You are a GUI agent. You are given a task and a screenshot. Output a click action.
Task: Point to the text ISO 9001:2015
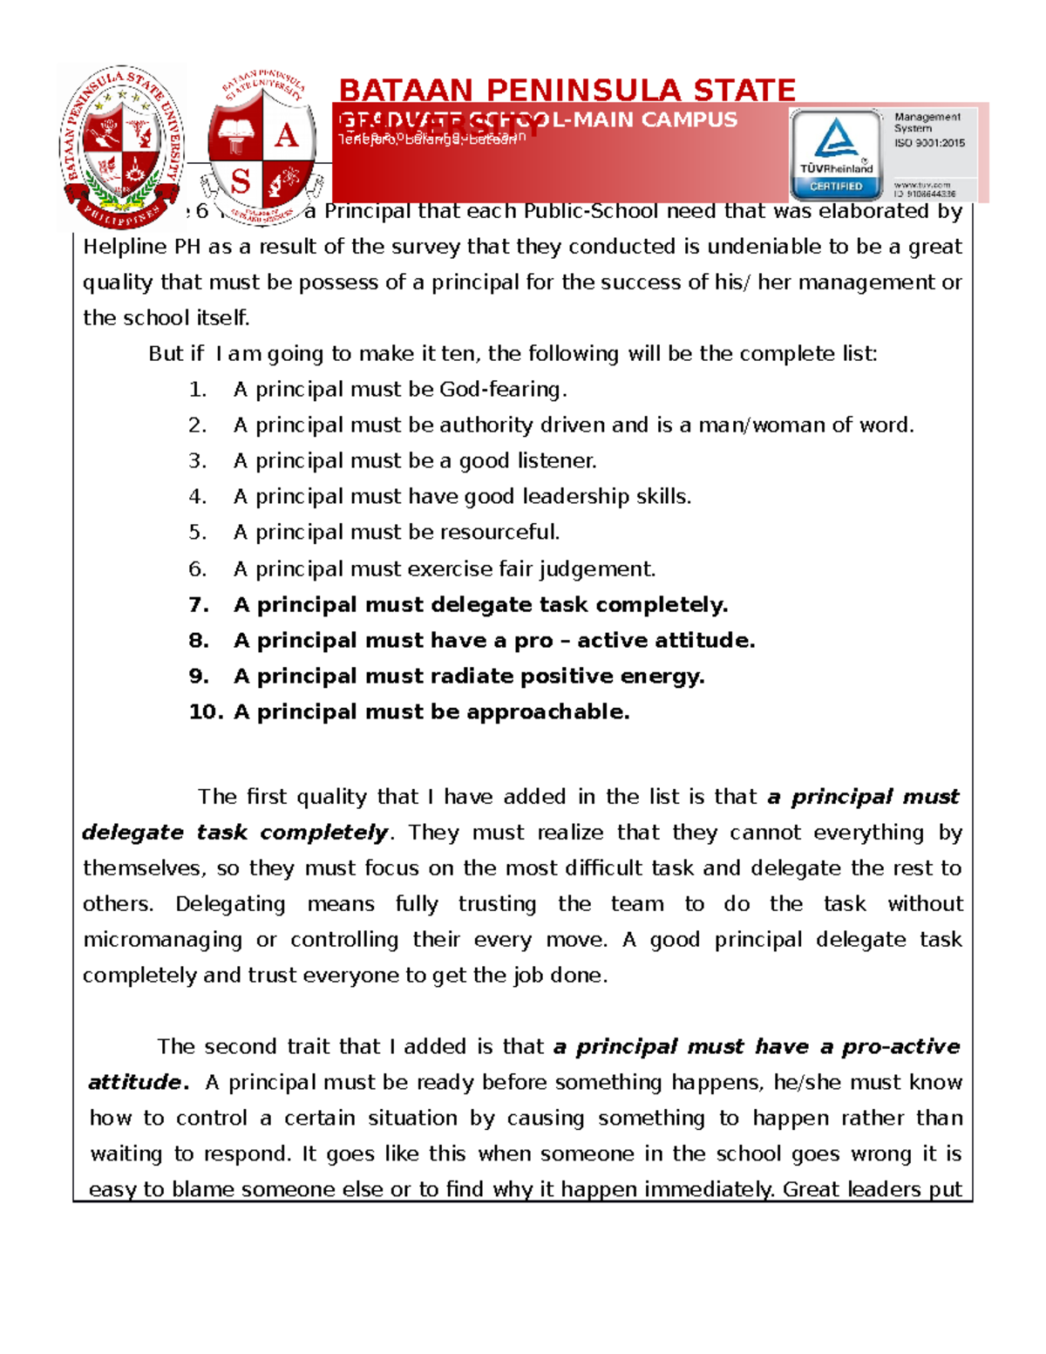click(929, 143)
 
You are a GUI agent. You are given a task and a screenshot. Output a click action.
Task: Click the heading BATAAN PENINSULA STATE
click(567, 90)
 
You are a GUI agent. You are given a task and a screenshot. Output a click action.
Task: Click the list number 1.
click(198, 390)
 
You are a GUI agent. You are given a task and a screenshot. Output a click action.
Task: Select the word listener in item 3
click(557, 461)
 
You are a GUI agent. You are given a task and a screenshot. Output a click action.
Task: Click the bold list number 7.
click(199, 605)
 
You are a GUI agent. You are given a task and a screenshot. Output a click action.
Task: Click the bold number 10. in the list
click(206, 712)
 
